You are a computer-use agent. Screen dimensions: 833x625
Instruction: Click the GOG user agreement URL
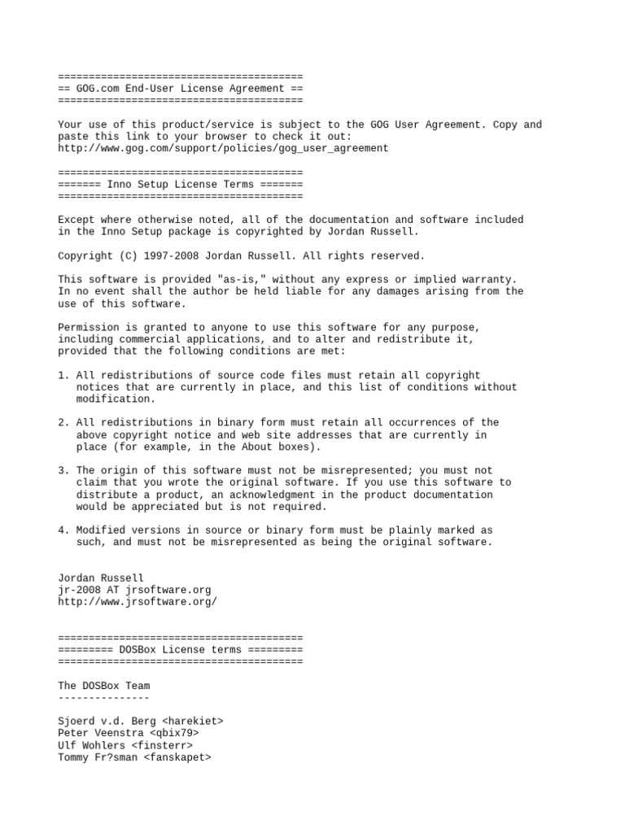pyautogui.click(x=223, y=149)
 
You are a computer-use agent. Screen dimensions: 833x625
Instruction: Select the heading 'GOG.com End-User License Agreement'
pyautogui.click(x=181, y=89)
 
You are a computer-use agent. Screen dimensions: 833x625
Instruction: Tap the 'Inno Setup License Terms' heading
pyautogui.click(x=181, y=185)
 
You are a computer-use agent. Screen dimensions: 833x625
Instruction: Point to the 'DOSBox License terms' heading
pyautogui.click(x=181, y=650)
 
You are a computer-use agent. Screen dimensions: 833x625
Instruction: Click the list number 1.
pyautogui.click(x=62, y=375)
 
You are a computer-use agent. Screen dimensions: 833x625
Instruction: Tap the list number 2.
pyautogui.click(x=62, y=423)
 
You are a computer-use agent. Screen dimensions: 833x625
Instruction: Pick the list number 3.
pyautogui.click(x=62, y=470)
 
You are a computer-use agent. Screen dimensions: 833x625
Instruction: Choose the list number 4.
pyautogui.click(x=62, y=530)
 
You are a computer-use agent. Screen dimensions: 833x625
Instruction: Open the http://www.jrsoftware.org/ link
pyautogui.click(x=138, y=602)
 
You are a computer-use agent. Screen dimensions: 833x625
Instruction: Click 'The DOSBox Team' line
pyautogui.click(x=104, y=686)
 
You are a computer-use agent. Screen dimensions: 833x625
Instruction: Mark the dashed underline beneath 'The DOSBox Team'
pyautogui.click(x=104, y=698)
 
